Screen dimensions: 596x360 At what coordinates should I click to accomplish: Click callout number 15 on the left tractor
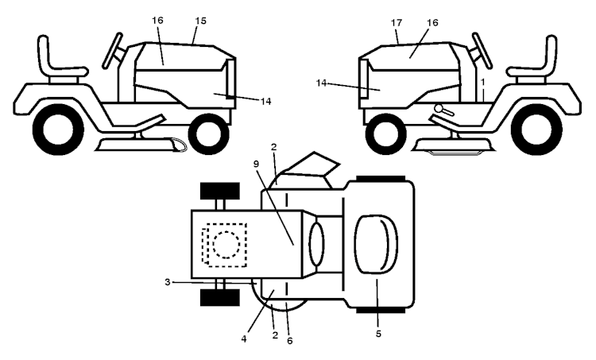pos(201,21)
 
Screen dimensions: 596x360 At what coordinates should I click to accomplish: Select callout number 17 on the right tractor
pos(397,23)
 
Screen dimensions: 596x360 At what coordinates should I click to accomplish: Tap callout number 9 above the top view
pos(256,164)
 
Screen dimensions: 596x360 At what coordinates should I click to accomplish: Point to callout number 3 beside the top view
pos(167,282)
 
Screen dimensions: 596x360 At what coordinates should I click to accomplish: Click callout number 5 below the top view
pos(378,334)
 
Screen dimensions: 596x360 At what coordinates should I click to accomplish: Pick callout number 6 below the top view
pos(289,341)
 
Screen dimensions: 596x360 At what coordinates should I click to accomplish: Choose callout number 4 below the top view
pos(244,339)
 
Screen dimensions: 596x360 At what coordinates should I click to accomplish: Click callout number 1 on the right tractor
pos(482,82)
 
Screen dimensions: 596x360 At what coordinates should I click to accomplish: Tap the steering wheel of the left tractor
pos(113,51)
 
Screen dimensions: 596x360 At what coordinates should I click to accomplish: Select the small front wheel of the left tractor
pos(209,134)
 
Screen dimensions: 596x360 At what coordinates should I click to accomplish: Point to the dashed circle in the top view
pos(226,245)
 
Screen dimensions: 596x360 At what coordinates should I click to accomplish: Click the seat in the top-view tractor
pos(376,244)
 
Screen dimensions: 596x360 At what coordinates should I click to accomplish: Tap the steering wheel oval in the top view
pos(316,245)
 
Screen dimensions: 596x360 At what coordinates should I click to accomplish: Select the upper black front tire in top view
pos(220,191)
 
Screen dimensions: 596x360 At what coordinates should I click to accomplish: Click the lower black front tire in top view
pos(220,298)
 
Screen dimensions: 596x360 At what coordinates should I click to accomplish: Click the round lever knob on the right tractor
pos(439,108)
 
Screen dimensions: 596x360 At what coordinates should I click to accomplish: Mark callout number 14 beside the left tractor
pos(266,102)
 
